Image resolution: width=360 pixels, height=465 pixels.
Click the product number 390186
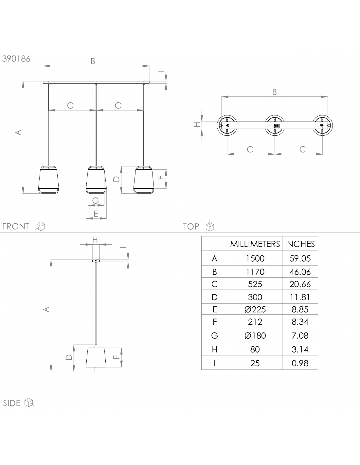coord(16,59)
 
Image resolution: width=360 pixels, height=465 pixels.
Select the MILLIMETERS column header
coord(255,244)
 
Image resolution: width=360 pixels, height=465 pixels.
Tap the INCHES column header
coord(300,244)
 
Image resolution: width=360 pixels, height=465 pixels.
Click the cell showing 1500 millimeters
coord(255,259)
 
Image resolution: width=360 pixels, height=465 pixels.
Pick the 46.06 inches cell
coord(300,272)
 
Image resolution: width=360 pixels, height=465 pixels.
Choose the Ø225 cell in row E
coord(255,309)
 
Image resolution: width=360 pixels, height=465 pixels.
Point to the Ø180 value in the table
coord(255,336)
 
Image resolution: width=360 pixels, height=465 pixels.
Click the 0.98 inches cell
coord(300,363)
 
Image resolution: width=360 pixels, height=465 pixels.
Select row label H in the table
coord(215,350)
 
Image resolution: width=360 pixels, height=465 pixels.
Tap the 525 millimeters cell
coord(255,284)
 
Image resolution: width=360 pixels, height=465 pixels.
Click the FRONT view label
coord(15,226)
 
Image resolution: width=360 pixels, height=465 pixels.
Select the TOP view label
coord(191,226)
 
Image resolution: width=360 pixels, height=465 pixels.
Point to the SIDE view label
coord(12,403)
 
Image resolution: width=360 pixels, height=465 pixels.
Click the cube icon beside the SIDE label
coord(29,403)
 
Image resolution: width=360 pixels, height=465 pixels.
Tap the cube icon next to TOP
coord(210,226)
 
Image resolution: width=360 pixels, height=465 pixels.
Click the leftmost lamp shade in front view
coord(49,180)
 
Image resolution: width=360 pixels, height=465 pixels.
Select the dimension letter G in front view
coord(96,201)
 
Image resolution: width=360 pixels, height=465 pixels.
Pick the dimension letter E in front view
coord(96,214)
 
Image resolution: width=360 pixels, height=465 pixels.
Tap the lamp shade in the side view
coord(96,357)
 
